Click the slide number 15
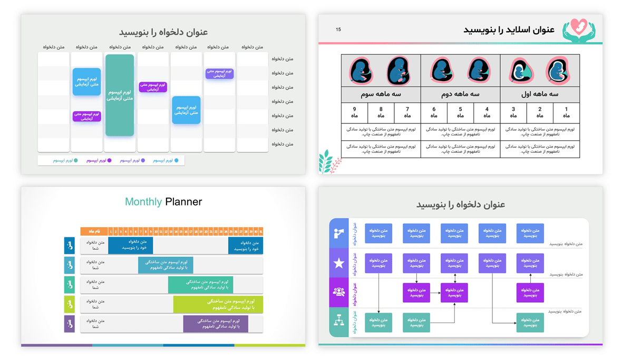(338, 30)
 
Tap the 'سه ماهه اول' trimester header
(540, 94)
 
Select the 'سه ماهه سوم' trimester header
(381, 94)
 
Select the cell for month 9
(354, 112)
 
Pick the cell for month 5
(460, 112)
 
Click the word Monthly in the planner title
(143, 202)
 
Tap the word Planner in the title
(183, 202)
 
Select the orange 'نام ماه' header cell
(94, 231)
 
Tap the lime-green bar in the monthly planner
(218, 304)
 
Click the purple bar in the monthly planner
(215, 324)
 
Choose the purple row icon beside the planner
(70, 324)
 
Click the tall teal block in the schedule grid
(120, 95)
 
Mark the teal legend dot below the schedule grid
(76, 160)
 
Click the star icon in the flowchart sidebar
(338, 263)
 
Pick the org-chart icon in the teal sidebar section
(338, 320)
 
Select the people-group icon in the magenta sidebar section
(338, 292)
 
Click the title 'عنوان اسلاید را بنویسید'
(509, 30)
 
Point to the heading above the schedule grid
(163, 33)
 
